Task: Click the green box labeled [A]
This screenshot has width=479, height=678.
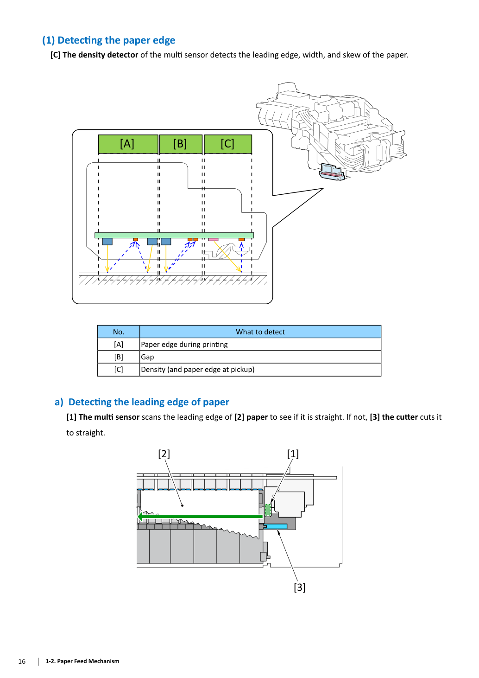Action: click(128, 144)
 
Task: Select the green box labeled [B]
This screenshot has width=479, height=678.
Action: click(181, 144)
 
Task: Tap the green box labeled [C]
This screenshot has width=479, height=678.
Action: click(228, 144)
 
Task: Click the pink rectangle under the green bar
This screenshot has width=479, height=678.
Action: click(213, 239)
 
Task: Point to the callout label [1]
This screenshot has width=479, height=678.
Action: click(293, 454)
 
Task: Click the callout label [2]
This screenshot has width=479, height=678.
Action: click(164, 454)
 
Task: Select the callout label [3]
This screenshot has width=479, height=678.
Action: click(299, 587)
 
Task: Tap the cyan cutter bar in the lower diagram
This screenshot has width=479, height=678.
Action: click(276, 526)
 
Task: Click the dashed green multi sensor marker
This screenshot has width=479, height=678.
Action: click(268, 510)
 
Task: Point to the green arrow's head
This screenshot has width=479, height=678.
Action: click(140, 516)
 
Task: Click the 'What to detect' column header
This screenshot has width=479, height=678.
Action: click(260, 332)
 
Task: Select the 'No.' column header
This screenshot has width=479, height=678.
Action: click(119, 332)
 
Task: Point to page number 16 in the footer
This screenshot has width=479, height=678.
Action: click(22, 661)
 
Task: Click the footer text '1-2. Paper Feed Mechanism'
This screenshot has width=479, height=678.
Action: click(82, 661)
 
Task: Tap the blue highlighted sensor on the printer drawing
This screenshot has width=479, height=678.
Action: click(332, 172)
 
